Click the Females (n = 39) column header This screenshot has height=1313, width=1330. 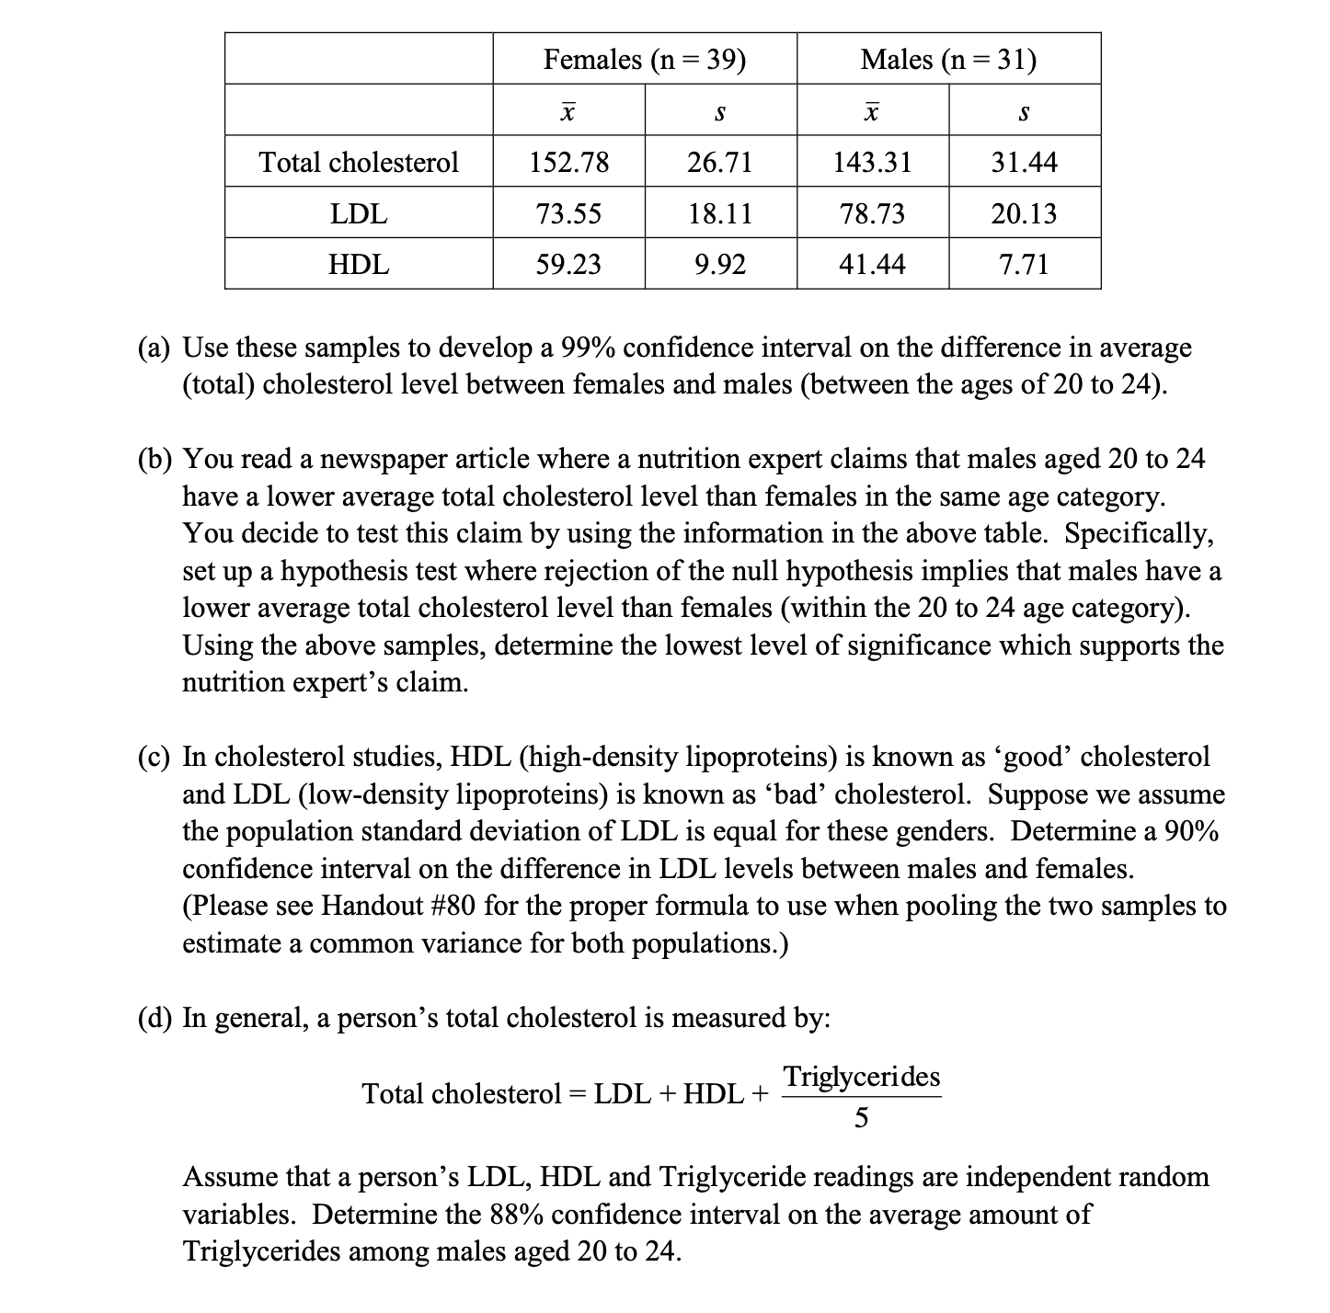click(x=644, y=60)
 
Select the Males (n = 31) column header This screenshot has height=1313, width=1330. click(x=948, y=60)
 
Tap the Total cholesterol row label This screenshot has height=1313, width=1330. click(x=359, y=163)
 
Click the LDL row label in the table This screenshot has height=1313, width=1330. click(x=359, y=214)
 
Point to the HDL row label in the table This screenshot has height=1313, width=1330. click(x=359, y=265)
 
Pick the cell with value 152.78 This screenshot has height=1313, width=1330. click(x=568, y=163)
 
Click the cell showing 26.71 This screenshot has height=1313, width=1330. click(x=720, y=163)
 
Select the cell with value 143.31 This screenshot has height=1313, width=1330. click(x=872, y=163)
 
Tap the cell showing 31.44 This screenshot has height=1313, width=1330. click(x=1024, y=163)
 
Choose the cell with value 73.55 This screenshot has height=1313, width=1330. click(x=568, y=214)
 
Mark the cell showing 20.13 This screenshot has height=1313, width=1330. click(x=1024, y=214)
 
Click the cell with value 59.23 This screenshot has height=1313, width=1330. click(x=568, y=265)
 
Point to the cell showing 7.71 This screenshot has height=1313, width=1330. click(x=1024, y=265)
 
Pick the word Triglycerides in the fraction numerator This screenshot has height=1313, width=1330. click(x=861, y=1076)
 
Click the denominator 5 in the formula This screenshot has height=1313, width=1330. click(x=861, y=1118)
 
